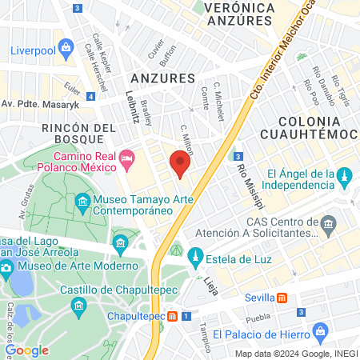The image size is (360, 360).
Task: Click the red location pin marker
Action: [x=180, y=164]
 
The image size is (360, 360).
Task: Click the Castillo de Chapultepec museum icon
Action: [x=78, y=305]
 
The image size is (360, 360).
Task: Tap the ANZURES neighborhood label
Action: [x=162, y=78]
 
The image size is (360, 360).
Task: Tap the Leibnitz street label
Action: [x=133, y=105]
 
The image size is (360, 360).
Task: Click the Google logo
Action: [x=26, y=350]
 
